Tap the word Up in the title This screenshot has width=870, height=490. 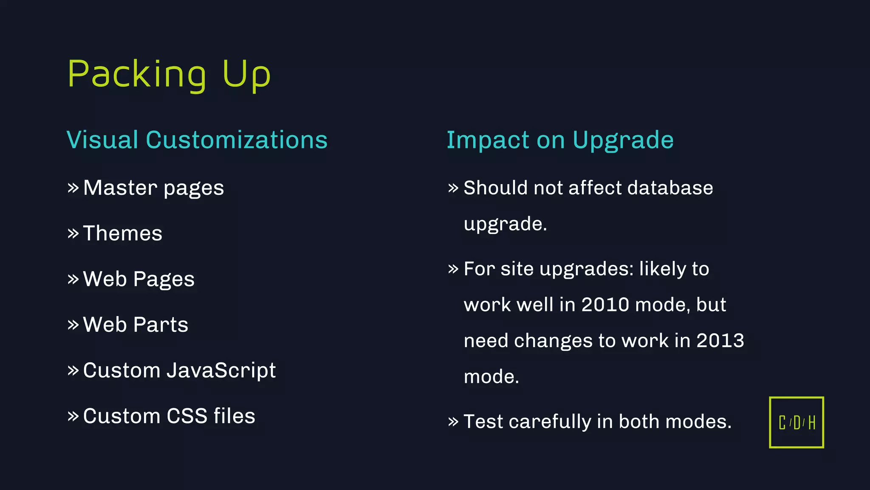[246, 74]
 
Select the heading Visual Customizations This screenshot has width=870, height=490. [197, 140]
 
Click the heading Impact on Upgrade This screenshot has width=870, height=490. [560, 140]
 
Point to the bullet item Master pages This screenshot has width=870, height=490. [153, 188]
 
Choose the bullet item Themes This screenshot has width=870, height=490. [122, 234]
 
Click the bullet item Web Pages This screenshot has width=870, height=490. [138, 279]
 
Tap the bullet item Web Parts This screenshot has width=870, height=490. [136, 325]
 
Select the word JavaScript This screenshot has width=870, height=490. [221, 370]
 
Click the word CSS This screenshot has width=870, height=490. [187, 416]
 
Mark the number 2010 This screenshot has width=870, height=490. [605, 305]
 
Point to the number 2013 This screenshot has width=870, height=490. [720, 341]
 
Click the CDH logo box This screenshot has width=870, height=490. [796, 422]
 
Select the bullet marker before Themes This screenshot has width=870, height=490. [73, 234]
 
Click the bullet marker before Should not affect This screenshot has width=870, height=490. [453, 188]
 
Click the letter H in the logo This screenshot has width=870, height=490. [811, 423]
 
